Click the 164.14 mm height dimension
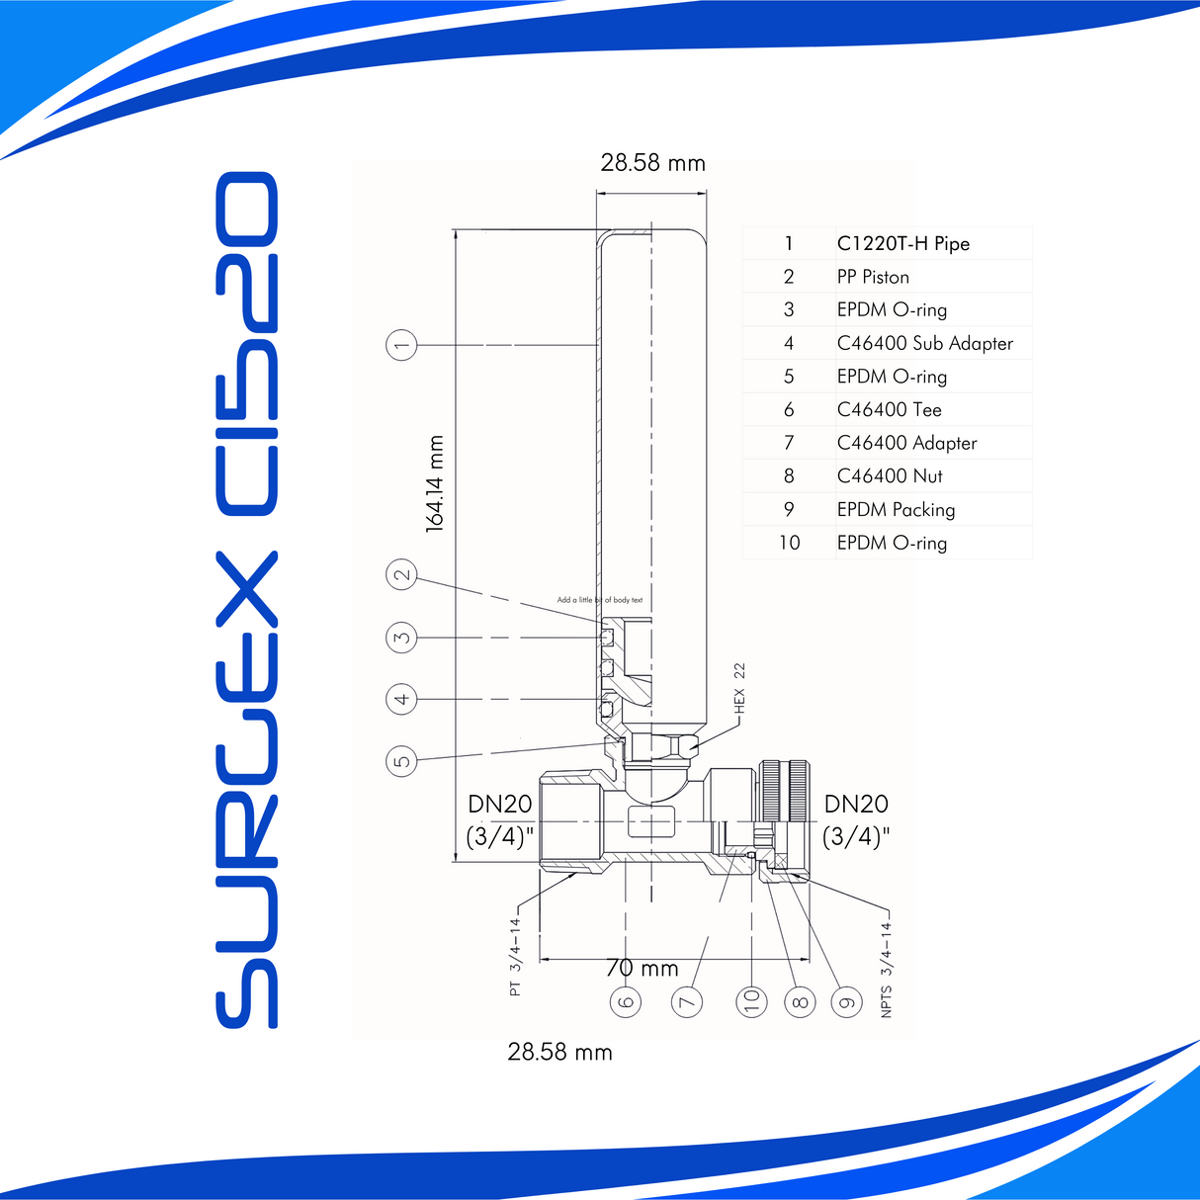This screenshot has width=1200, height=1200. point(435,484)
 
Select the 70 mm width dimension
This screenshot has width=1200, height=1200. point(643,968)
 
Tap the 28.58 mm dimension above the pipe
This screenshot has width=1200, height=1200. point(652,163)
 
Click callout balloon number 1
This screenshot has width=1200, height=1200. point(401,345)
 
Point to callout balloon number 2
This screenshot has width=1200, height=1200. point(401,575)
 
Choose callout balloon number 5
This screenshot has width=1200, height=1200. point(401,760)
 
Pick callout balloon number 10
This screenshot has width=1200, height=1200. point(751,1001)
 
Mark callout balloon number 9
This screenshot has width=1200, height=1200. point(846,1001)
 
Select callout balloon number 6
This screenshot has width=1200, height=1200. point(626,1001)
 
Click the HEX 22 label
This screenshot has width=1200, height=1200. point(739,689)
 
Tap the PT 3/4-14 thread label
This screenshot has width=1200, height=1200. point(515,957)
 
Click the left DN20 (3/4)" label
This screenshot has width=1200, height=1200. point(500,820)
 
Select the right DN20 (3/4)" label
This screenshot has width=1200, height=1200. point(856,820)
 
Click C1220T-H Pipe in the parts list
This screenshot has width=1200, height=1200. point(902,244)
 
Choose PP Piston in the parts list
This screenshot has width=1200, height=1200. point(873,278)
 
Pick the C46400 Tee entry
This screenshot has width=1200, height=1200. point(889,410)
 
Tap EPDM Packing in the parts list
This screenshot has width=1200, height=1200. point(896,510)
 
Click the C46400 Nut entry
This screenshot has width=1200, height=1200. point(890,476)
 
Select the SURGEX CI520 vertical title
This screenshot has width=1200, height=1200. point(247,600)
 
